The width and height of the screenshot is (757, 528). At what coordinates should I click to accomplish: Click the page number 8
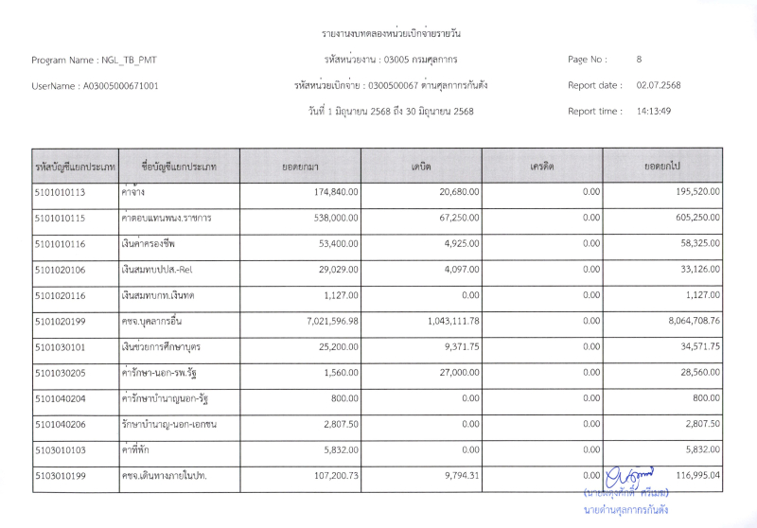(640, 60)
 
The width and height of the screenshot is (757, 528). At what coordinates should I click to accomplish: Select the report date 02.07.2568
(659, 85)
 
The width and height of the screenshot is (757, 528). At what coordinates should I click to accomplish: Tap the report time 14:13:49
(654, 111)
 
